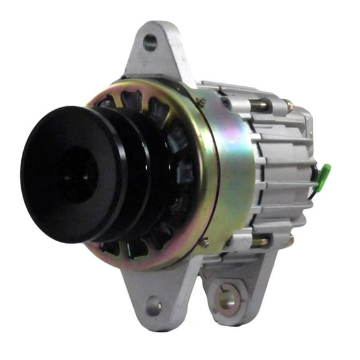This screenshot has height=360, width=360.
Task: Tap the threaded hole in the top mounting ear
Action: pos(150,42)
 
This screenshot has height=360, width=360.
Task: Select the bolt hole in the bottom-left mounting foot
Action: pos(153,306)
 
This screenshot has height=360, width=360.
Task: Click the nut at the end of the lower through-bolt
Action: pos(289,240)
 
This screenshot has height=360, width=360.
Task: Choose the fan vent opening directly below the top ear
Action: pos(133,98)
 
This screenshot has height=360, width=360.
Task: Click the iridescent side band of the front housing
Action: pos(234,169)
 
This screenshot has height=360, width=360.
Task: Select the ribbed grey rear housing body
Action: pos(281,169)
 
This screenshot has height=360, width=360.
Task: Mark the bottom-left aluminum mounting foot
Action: pos(147,294)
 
